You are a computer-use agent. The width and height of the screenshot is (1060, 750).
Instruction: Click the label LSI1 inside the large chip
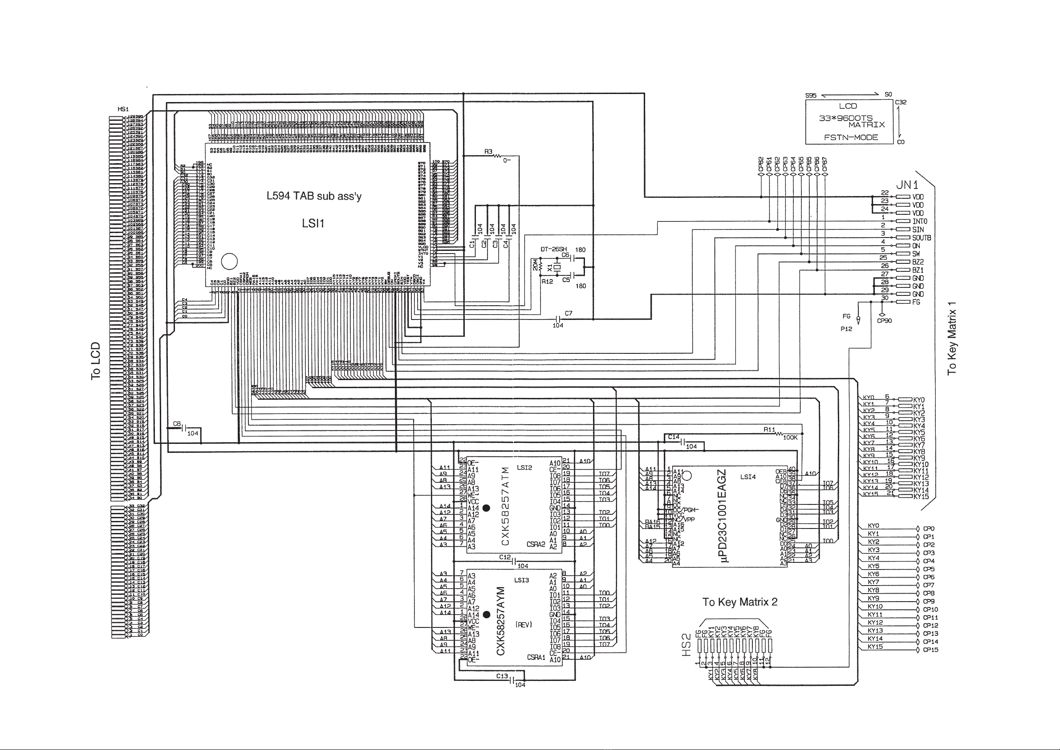[313, 224]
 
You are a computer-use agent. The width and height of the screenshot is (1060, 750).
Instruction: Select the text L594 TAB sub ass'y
[314, 196]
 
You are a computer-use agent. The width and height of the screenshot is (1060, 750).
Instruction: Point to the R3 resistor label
[488, 152]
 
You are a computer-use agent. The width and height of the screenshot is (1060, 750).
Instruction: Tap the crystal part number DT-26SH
[553, 250]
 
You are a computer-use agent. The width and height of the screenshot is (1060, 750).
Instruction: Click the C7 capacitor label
[569, 313]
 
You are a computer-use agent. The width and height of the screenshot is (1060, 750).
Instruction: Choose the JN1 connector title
[907, 185]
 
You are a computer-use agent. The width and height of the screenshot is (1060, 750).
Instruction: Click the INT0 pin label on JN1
[920, 221]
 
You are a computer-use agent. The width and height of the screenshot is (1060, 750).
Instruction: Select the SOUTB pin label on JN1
[922, 238]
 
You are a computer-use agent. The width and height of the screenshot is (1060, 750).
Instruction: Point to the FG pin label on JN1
[916, 302]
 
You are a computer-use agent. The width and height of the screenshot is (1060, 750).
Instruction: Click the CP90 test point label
[884, 321]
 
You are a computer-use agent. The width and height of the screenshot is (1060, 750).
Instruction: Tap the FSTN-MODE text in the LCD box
[851, 137]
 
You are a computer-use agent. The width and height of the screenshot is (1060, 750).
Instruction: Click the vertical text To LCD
[96, 361]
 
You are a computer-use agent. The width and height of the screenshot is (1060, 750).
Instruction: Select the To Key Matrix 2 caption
[739, 602]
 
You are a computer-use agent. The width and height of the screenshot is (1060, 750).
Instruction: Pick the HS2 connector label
[686, 648]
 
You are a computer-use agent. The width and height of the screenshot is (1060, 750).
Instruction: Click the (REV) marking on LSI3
[524, 625]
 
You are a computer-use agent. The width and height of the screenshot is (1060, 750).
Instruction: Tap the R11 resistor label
[769, 430]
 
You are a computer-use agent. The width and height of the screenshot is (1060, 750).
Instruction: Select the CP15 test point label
[930, 650]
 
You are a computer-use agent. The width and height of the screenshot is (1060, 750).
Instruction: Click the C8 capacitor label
[177, 424]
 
